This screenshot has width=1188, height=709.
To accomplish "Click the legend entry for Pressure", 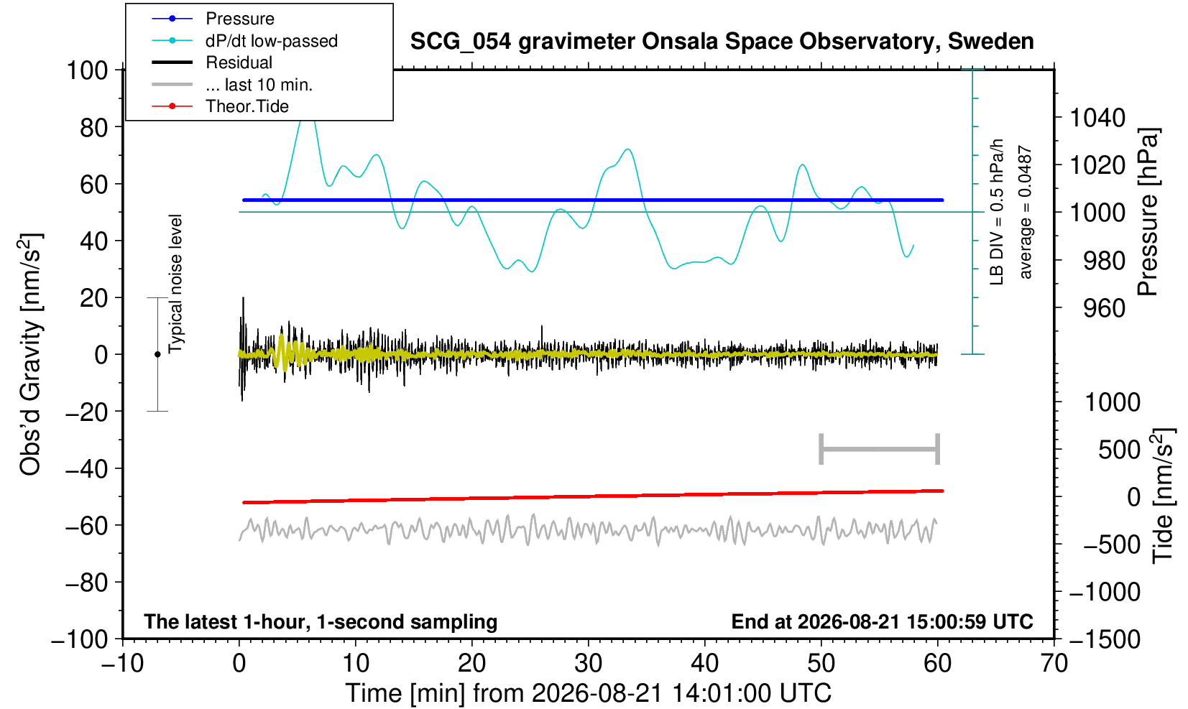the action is [x=240, y=19].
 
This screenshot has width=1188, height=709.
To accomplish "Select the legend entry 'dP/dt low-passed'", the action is [x=272, y=41].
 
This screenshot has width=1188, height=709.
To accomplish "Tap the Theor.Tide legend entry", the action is [x=247, y=106].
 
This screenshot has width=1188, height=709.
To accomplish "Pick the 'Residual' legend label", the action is [x=239, y=62].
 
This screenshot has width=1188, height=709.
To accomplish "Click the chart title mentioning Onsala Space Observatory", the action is [x=722, y=41].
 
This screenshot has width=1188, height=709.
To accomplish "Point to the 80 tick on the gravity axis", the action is [x=94, y=127].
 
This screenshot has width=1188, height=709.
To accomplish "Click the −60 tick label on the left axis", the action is [x=86, y=526].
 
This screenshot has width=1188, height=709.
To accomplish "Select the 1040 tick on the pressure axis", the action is [x=1097, y=117].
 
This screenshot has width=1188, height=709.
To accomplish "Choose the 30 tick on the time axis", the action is [x=588, y=663].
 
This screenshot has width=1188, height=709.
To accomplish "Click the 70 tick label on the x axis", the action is [x=1054, y=663].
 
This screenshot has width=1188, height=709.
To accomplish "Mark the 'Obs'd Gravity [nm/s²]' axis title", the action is [x=29, y=354].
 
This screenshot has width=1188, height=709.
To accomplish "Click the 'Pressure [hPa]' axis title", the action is [x=1148, y=212].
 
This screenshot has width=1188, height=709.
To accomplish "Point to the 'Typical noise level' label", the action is [x=175, y=284].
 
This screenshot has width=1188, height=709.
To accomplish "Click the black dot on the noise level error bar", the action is [x=157, y=354].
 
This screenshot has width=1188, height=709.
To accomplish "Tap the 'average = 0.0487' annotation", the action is [x=1026, y=212].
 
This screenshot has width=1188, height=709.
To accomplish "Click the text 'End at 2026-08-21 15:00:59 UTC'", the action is [x=882, y=621].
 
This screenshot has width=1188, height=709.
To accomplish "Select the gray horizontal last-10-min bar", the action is [x=880, y=449].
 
